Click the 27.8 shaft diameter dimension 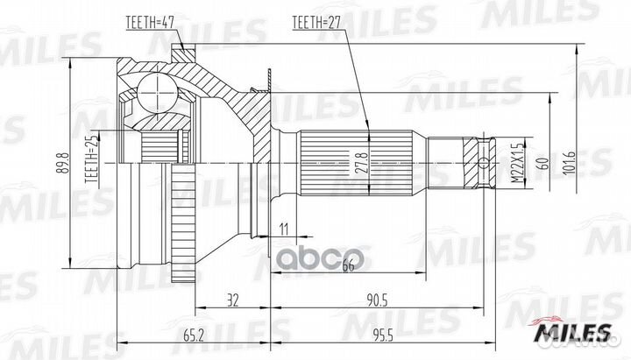[358, 163]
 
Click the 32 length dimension [232, 300]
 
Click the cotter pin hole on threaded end [486, 163]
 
